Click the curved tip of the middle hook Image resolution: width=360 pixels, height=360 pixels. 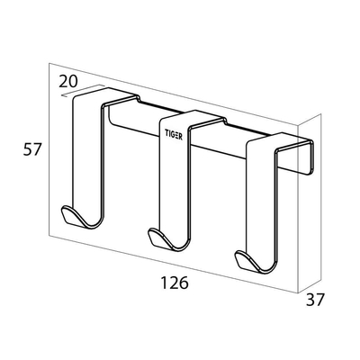coord(155,238)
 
